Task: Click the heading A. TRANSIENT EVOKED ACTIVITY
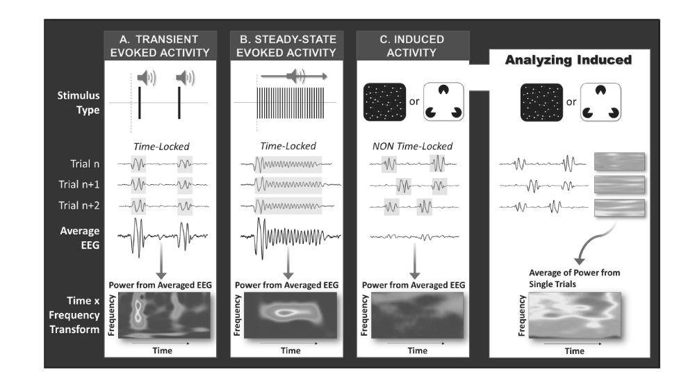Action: click(160, 46)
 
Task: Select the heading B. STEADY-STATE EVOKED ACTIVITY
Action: click(286, 46)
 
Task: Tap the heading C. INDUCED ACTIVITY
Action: click(412, 46)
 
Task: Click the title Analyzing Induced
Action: click(569, 60)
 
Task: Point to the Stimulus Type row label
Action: click(79, 102)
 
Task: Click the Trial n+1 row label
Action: click(79, 184)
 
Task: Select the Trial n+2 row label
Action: click(79, 205)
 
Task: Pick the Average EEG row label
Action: click(80, 238)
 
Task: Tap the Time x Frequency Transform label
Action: click(74, 315)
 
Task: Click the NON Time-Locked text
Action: click(412, 146)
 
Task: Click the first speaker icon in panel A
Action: click(146, 78)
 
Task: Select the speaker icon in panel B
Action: click(295, 76)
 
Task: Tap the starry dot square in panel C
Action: click(385, 102)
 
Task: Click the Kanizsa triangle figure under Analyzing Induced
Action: click(600, 102)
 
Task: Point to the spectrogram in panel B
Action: click(291, 315)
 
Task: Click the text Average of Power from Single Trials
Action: click(575, 278)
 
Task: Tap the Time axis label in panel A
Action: click(162, 350)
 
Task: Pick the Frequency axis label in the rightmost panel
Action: click(522, 315)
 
